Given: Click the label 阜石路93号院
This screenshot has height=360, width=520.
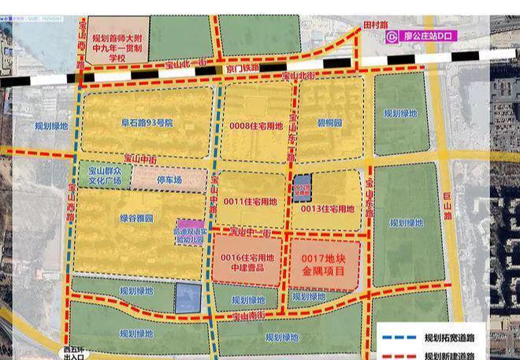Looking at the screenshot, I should (147, 124).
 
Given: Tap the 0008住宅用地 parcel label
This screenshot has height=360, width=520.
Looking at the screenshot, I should (257, 125).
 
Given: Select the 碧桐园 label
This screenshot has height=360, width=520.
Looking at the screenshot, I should (329, 124).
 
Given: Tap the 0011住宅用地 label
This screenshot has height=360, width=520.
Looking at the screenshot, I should (251, 202).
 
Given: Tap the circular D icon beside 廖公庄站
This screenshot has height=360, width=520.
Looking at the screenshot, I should (392, 35).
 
